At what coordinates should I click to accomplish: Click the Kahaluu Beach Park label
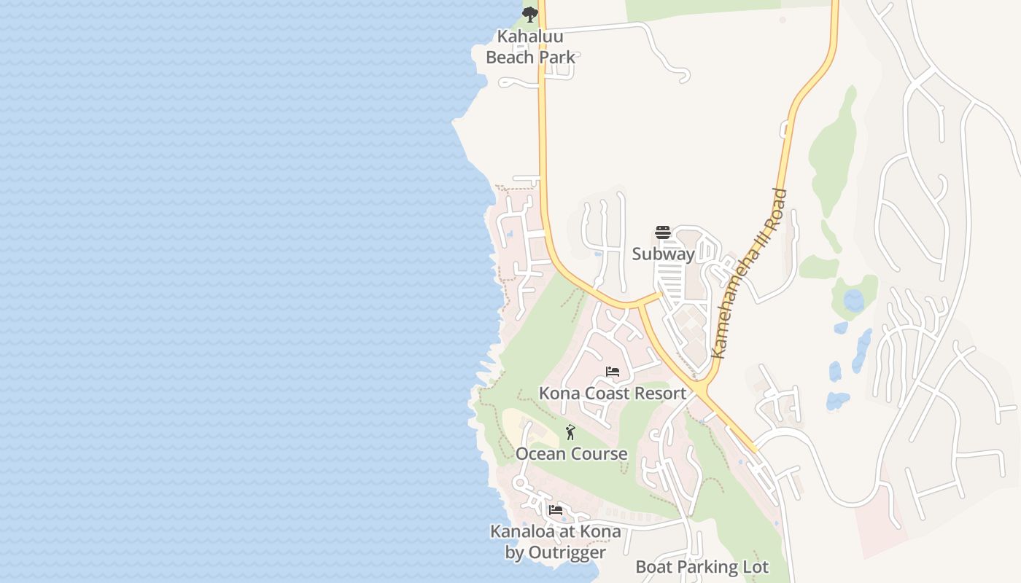pos(530,47)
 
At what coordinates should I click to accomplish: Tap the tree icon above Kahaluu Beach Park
pos(530,14)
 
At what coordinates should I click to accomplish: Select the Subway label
pos(663,254)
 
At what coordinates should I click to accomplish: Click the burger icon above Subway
pos(663,232)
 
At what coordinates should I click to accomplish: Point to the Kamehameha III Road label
pos(749,274)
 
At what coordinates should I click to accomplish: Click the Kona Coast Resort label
pos(613,394)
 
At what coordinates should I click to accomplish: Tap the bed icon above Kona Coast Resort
pos(613,372)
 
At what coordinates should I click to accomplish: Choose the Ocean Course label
pos(572,454)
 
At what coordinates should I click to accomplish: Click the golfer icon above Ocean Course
pos(570,432)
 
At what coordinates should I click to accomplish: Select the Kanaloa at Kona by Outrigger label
pos(556,541)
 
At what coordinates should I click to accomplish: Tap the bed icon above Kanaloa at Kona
pos(556,510)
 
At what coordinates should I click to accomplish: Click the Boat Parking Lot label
pos(702,567)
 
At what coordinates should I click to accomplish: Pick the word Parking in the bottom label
pos(704,567)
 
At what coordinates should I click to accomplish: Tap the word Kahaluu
pos(530,36)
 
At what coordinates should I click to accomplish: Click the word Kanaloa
pos(522,531)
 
